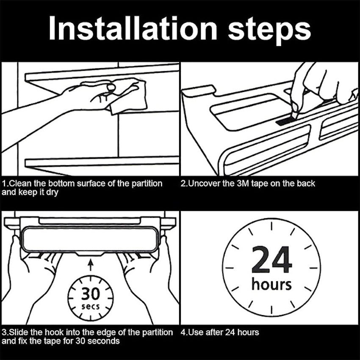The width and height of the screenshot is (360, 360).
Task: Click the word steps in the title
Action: pyautogui.click(x=269, y=30)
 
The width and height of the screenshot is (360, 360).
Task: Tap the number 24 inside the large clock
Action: pyautogui.click(x=271, y=260)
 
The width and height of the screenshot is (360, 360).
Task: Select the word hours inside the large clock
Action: pyautogui.click(x=271, y=284)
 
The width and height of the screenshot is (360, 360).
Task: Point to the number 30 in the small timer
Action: pyautogui.click(x=90, y=294)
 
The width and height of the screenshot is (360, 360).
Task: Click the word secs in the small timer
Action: pyautogui.click(x=91, y=307)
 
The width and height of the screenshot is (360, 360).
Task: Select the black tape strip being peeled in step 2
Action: pyautogui.click(x=285, y=122)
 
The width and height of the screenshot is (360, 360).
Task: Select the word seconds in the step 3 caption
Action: pyautogui.click(x=103, y=341)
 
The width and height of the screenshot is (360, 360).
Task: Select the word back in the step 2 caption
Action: pyautogui.click(x=306, y=183)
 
